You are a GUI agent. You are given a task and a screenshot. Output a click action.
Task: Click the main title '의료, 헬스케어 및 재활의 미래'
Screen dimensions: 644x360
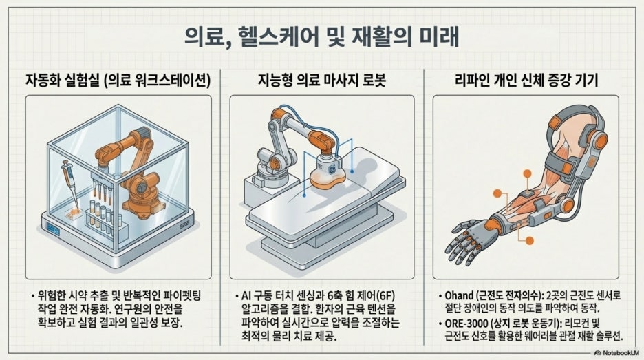[x=321, y=37]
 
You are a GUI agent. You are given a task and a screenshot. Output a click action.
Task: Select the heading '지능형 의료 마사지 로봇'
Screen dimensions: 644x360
[x=321, y=80]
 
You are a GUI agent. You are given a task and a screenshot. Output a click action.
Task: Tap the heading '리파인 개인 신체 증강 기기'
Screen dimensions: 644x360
[x=526, y=80]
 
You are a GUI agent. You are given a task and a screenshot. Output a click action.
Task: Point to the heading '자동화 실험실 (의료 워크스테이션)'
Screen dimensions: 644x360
[x=118, y=80]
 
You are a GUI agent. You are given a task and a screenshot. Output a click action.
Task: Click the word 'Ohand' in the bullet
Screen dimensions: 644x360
[x=459, y=296]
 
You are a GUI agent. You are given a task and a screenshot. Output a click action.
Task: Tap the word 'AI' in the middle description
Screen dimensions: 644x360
[x=246, y=296]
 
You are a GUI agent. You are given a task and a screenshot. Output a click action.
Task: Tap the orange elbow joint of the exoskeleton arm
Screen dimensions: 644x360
[x=568, y=205]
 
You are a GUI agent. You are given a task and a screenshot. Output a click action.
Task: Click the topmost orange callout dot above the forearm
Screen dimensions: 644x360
[x=527, y=173]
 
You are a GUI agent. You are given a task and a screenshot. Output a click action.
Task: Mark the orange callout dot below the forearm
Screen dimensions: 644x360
[x=529, y=241]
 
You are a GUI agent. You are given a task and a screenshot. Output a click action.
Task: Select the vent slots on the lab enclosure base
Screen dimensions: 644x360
[x=184, y=224]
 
